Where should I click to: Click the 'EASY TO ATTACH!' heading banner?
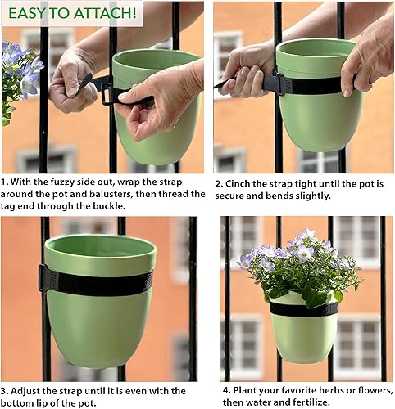tap(73, 13)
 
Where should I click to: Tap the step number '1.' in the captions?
tap(7, 181)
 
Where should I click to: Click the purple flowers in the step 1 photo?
tap(18, 65)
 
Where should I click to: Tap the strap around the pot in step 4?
tap(304, 309)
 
